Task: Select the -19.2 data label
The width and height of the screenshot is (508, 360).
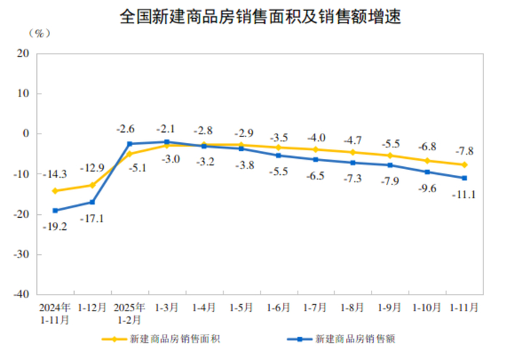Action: (x=55, y=226)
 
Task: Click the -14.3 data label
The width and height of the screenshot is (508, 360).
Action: (x=56, y=174)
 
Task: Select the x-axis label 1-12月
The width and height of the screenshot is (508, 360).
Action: (x=92, y=307)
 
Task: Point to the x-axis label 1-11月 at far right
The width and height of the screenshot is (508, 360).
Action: (x=464, y=307)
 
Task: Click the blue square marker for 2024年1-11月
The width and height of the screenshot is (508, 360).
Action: (x=55, y=210)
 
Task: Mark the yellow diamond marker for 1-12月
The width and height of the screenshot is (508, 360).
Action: (x=92, y=185)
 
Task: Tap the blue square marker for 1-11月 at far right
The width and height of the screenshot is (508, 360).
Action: (x=464, y=178)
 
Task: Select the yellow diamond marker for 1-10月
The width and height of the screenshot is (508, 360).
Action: (x=427, y=160)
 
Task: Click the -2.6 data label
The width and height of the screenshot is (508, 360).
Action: (x=126, y=129)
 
